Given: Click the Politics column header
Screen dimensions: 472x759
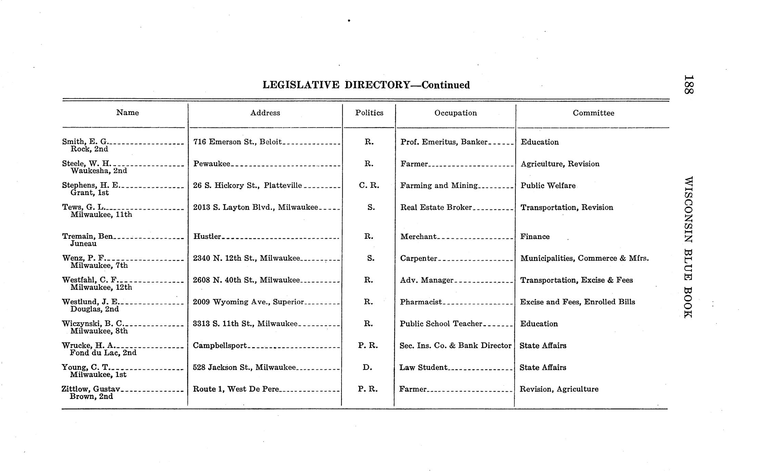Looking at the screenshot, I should point(369,113).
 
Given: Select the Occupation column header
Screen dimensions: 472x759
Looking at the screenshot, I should point(455,113).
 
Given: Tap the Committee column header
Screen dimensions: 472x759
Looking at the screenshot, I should point(593,113).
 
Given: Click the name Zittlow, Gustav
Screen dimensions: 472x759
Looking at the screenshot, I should point(91,389).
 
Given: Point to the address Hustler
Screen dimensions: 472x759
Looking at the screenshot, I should point(207,236).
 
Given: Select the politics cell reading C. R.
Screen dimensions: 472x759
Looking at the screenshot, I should point(369,185).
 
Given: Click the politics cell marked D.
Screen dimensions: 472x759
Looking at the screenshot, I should point(368,367).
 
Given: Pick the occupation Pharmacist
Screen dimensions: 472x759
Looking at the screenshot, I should point(421,302).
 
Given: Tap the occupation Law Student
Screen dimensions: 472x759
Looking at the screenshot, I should point(423,367).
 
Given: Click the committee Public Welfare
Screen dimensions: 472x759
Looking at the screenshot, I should point(548,185).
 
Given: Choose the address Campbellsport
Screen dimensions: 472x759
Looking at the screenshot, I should point(220,345).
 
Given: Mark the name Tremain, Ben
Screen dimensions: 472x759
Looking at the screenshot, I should point(87,236).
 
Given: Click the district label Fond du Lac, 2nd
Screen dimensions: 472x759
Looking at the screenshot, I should point(103,353).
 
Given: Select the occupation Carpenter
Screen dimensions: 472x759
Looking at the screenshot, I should point(419,258).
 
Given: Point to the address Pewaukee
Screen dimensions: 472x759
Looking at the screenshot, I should point(211,164).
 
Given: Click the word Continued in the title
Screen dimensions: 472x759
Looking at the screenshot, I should point(445,85).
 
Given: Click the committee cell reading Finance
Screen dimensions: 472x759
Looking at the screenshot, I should point(535,237).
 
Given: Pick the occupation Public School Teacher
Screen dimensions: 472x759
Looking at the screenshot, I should point(441,324).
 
